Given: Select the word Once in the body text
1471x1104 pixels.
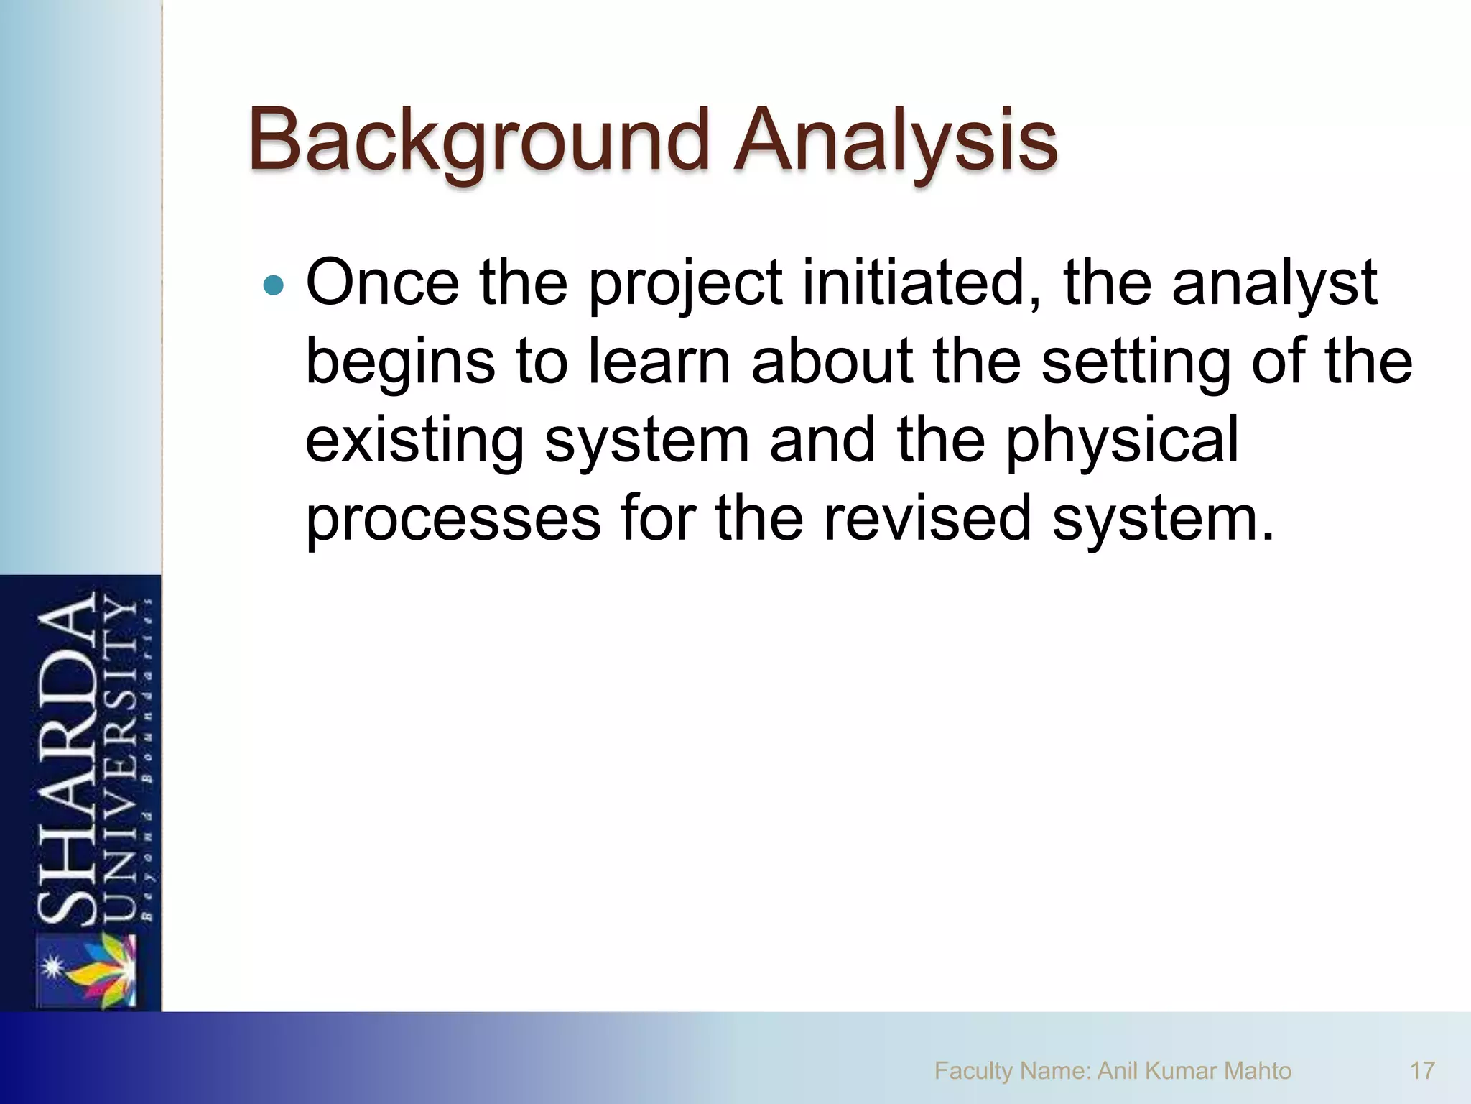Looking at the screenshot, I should click(383, 282).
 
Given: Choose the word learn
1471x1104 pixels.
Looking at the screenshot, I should click(659, 361).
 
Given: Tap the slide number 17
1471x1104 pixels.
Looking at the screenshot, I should click(1422, 1071).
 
